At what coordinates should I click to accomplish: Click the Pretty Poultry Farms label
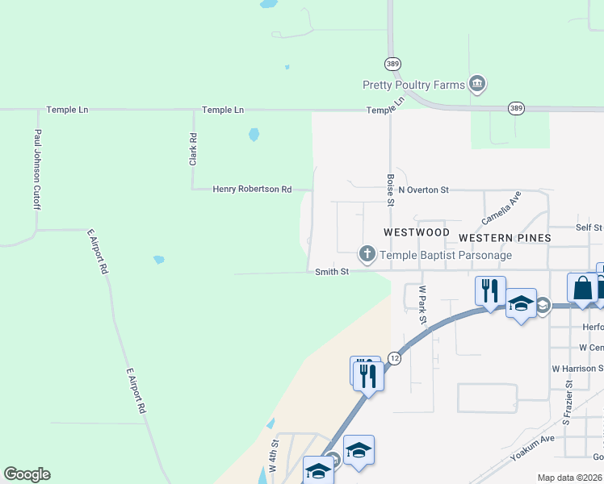tap(413, 85)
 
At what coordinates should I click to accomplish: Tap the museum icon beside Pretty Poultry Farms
tap(477, 84)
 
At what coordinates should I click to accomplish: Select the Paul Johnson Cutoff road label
tap(37, 170)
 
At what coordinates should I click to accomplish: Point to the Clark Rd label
tap(194, 150)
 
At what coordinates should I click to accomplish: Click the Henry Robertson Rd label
tap(252, 189)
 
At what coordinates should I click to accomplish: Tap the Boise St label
tap(390, 190)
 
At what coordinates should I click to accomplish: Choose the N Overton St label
tap(423, 190)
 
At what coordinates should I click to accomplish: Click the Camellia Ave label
tap(501, 208)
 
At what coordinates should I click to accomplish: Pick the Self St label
tap(589, 228)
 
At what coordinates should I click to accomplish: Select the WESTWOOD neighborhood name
tap(416, 232)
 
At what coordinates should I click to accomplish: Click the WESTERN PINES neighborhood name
tap(505, 238)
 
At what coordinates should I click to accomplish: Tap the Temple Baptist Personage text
tap(446, 256)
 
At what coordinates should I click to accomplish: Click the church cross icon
tap(367, 255)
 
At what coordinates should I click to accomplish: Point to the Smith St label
tap(332, 272)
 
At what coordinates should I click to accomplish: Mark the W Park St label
tap(422, 304)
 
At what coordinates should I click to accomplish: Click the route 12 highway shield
tap(394, 357)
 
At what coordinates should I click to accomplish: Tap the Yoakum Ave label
tap(533, 448)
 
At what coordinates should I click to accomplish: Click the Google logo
tap(27, 474)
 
